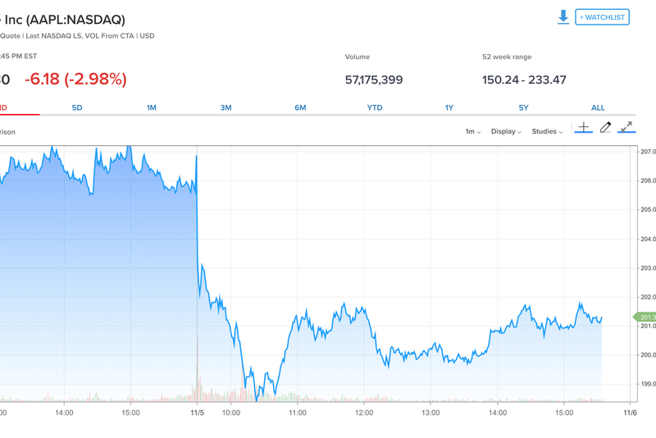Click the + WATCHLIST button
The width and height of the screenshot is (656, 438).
coord(602,17)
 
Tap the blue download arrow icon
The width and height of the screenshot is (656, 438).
coord(563,17)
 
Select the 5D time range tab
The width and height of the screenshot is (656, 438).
coord(77,107)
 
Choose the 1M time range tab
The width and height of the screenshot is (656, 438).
coord(152,107)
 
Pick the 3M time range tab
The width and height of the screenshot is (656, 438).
coord(225,107)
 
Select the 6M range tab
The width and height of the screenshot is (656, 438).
coord(300,107)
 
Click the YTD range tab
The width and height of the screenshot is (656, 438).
coord(375,107)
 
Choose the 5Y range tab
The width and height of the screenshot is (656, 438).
coord(523,107)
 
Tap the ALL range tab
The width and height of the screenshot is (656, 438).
coord(598,107)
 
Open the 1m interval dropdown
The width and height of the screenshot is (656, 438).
coord(472,131)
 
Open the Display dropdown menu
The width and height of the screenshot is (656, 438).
coord(506,131)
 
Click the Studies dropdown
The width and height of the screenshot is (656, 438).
coord(547,131)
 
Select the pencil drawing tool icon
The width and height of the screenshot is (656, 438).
coord(605,127)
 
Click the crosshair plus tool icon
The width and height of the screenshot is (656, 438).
coord(583,127)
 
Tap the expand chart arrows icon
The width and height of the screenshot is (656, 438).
coord(626,127)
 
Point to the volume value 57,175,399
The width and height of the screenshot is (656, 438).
coord(374,80)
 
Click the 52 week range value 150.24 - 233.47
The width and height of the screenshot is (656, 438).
coord(524,80)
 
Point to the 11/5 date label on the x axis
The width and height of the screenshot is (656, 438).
coord(197,413)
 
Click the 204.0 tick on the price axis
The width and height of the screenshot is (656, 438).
coord(648,239)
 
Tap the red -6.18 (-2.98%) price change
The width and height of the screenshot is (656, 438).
coord(75,80)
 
